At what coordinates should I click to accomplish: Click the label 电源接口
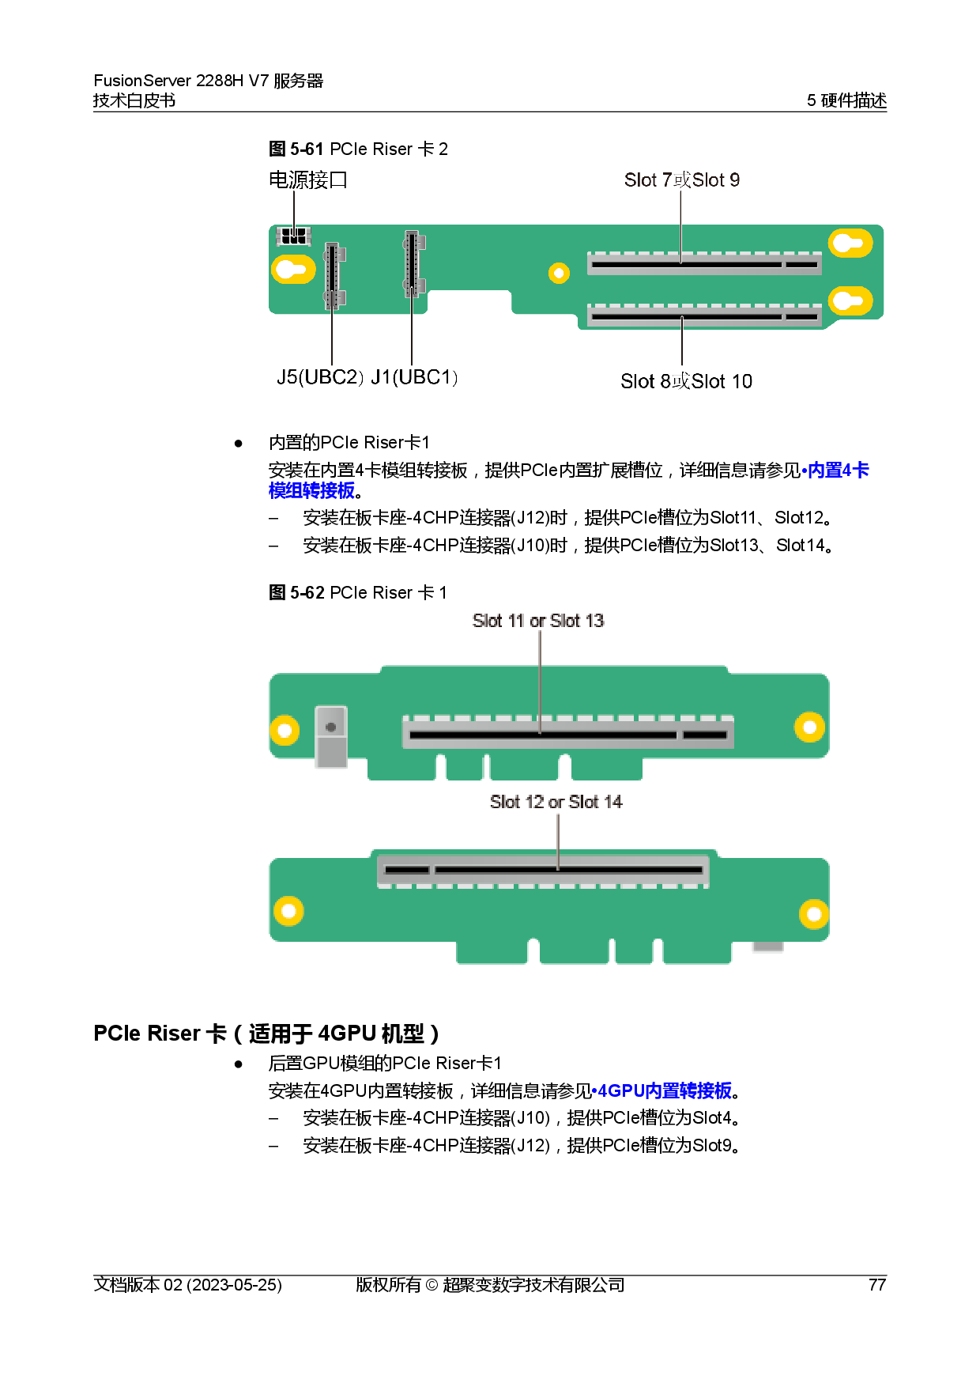pyautogui.click(x=308, y=180)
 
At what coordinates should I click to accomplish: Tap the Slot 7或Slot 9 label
pyautogui.click(x=681, y=180)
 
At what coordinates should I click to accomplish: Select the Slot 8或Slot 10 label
pyautogui.click(x=686, y=381)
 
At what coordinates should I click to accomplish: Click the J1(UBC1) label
pyautogui.click(x=414, y=377)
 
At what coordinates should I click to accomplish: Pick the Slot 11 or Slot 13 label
pyautogui.click(x=538, y=622)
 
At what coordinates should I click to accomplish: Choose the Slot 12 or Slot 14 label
pyautogui.click(x=556, y=802)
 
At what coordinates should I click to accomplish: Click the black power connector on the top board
pyautogui.click(x=294, y=236)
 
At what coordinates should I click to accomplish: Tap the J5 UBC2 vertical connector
pyautogui.click(x=333, y=276)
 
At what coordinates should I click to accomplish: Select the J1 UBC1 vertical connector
pyautogui.click(x=412, y=264)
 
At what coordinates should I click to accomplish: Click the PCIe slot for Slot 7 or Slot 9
pyautogui.click(x=704, y=264)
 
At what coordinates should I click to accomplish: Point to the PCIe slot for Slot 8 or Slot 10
pyautogui.click(x=704, y=316)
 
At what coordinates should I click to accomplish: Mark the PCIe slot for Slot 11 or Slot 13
pyautogui.click(x=567, y=734)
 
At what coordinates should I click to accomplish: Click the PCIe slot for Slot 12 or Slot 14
pyautogui.click(x=543, y=870)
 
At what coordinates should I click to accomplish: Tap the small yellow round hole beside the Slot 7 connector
pyautogui.click(x=559, y=274)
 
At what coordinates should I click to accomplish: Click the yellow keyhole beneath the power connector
pyautogui.click(x=293, y=270)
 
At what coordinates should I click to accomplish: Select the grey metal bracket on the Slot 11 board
pyautogui.click(x=331, y=736)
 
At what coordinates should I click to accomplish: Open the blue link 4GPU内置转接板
pyautogui.click(x=662, y=1090)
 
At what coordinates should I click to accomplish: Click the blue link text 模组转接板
pyautogui.click(x=311, y=491)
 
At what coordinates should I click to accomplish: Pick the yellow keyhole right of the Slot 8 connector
pyautogui.click(x=850, y=301)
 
